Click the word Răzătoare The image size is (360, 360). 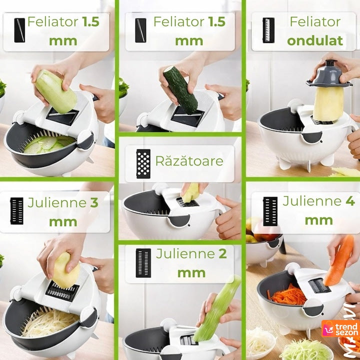pyautogui.click(x=189, y=160)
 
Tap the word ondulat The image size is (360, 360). pyautogui.click(x=315, y=41)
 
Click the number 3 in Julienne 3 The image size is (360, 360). pyautogui.click(x=94, y=202)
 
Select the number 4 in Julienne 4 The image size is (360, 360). pyautogui.click(x=350, y=201)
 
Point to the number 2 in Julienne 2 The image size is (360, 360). pyautogui.click(x=222, y=253)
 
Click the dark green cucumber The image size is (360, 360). pyautogui.click(x=180, y=90)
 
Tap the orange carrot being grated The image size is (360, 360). pyautogui.click(x=339, y=260)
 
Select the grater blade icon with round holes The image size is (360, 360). pyautogui.click(x=143, y=163)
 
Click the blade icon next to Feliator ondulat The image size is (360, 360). pyautogui.click(x=268, y=30)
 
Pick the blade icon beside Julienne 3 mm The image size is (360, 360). pyautogui.click(x=17, y=211)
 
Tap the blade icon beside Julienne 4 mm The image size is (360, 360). pyautogui.click(x=270, y=211)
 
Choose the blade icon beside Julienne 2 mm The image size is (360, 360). pyautogui.click(x=143, y=262)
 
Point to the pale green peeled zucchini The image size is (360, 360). pyautogui.click(x=55, y=91)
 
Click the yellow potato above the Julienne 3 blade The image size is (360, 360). pyautogui.click(x=66, y=270)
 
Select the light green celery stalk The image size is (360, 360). pyautogui.click(x=217, y=307)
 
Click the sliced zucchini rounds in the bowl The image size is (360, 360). pyautogui.click(x=49, y=144)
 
